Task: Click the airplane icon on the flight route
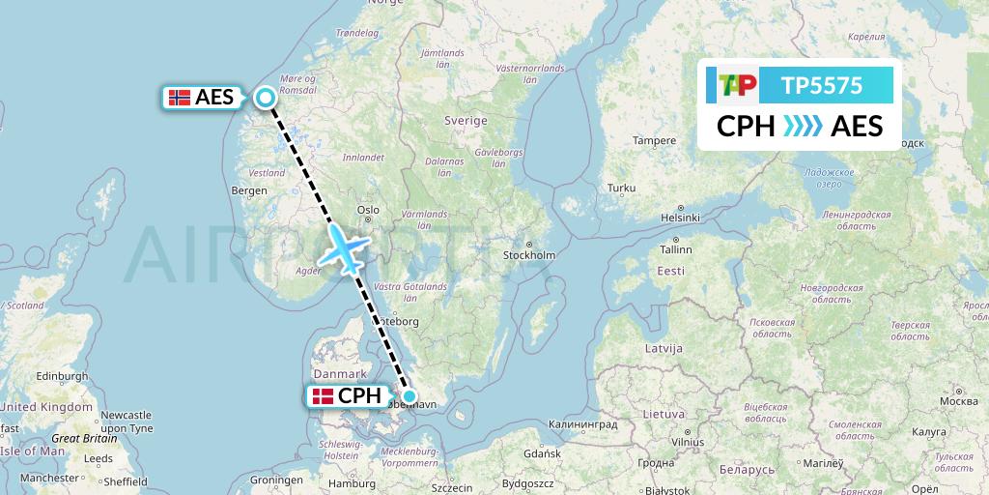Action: [x=345, y=247]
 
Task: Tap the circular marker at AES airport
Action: [x=265, y=97]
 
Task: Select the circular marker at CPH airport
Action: [x=410, y=395]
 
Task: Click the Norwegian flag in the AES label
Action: [x=179, y=97]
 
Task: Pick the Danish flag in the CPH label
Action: [x=322, y=395]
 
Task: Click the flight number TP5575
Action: [x=821, y=85]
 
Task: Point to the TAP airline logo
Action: [x=737, y=85]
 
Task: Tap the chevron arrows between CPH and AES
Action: [x=801, y=127]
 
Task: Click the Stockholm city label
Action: [x=529, y=255]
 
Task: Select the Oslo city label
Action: [x=368, y=209]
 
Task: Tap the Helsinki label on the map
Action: [x=679, y=217]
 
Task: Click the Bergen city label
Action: [x=248, y=190]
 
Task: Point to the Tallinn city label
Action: [x=675, y=248]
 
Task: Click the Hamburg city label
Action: [x=351, y=483]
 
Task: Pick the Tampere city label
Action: [x=654, y=140]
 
